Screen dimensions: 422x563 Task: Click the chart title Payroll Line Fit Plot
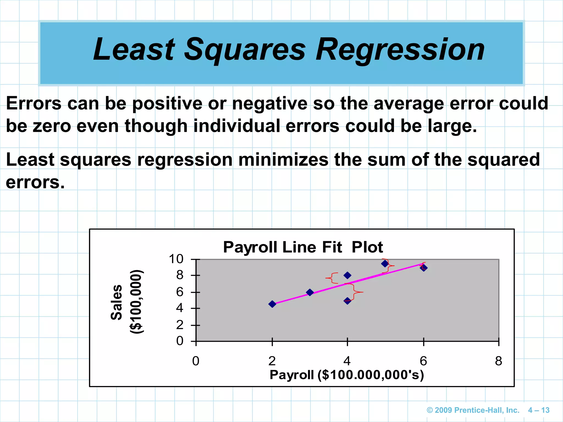click(x=303, y=247)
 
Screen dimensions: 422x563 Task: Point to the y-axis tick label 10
click(x=176, y=259)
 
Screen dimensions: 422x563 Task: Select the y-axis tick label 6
click(x=180, y=292)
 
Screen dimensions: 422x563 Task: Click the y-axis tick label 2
click(x=180, y=325)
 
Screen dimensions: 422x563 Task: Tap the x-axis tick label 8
click(x=498, y=361)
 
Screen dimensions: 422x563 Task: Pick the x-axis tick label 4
click(x=347, y=361)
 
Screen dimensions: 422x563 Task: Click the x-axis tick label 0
click(x=196, y=361)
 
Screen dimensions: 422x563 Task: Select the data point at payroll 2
click(x=272, y=304)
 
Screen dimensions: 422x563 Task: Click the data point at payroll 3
click(x=310, y=292)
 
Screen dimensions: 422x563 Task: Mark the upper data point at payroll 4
click(x=347, y=275)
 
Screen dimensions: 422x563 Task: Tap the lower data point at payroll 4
click(x=347, y=301)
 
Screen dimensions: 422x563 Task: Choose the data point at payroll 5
click(x=385, y=264)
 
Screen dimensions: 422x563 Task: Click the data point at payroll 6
click(x=424, y=268)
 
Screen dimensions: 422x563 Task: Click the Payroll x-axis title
click(x=347, y=375)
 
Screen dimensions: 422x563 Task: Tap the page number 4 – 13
click(x=539, y=410)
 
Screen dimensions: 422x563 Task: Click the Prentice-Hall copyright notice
click(x=473, y=410)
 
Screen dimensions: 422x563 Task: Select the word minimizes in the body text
click(x=283, y=160)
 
